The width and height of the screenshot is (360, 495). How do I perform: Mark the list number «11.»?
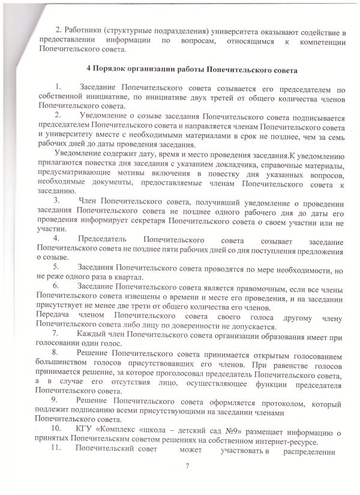coord(58,452)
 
